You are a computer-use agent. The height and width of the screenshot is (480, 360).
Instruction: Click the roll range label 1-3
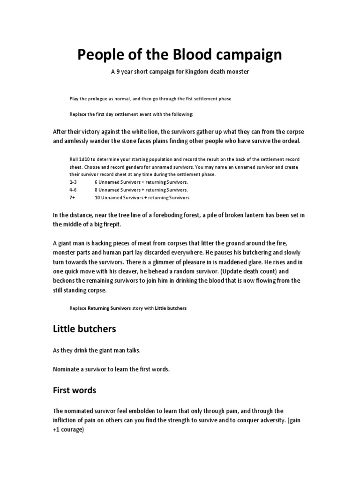coord(74,182)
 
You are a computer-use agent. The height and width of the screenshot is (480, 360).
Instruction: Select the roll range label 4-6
coord(74,190)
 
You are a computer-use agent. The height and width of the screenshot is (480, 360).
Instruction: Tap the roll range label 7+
coord(73,198)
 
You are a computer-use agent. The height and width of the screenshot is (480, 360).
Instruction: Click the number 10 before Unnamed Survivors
coord(97,198)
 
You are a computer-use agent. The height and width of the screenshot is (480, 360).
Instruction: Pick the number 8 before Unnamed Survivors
coord(96,190)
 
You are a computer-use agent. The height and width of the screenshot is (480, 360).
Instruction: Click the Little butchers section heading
coord(84,329)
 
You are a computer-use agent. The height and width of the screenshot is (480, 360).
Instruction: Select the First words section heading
coord(75,390)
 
